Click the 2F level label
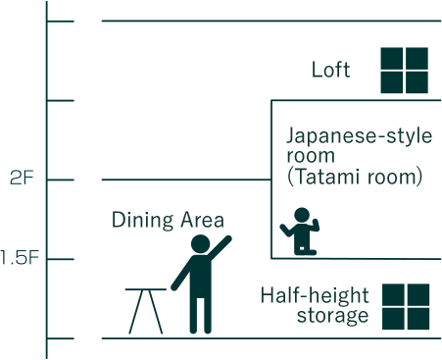(x=22, y=179)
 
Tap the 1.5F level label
(x=20, y=257)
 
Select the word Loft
(x=330, y=70)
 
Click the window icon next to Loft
(x=405, y=71)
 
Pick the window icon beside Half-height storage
(x=406, y=307)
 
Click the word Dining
(x=142, y=220)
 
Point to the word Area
(x=203, y=220)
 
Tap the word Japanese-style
(x=359, y=136)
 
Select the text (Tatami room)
(x=355, y=177)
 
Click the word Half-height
(x=315, y=296)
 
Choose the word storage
(x=332, y=316)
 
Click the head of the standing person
(x=200, y=244)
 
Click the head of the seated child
(x=302, y=215)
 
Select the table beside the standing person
(x=146, y=311)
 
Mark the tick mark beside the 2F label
(x=61, y=180)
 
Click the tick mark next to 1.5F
(x=61, y=259)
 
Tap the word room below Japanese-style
(x=311, y=156)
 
